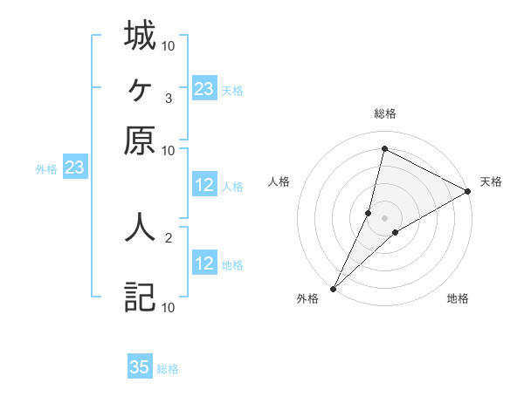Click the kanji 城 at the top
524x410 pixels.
point(141,36)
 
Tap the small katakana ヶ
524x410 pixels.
point(141,88)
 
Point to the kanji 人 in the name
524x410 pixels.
point(141,226)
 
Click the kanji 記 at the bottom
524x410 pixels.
point(141,297)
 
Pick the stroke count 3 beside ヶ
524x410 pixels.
point(168,98)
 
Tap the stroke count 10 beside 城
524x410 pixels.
point(169,45)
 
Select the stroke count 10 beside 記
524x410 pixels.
point(169,306)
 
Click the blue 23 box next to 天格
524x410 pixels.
point(204,89)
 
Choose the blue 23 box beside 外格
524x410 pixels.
point(74,168)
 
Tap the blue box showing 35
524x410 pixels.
point(140,367)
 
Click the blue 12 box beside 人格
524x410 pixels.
point(204,185)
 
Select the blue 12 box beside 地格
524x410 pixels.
point(204,263)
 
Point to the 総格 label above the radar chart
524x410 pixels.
point(385,113)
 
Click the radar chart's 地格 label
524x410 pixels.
point(458,299)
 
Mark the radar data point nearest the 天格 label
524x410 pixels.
point(468,192)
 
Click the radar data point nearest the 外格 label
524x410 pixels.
point(333,288)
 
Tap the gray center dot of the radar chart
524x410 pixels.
point(385,217)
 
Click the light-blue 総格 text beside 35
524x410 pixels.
point(168,369)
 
